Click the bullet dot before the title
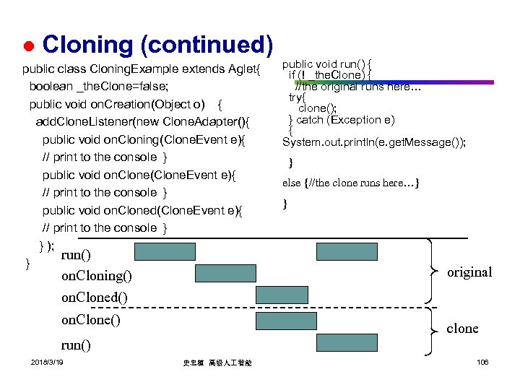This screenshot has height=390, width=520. point(27,47)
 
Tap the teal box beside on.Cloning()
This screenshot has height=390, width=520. point(225,273)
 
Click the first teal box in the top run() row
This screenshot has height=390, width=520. point(164,251)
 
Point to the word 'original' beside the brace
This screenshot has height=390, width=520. point(469,272)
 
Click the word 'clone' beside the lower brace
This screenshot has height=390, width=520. point(462,329)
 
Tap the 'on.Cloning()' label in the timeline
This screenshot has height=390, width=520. point(97,275)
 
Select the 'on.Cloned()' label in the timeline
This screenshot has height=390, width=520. point(94,298)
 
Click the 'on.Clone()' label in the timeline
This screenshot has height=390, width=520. point(91,320)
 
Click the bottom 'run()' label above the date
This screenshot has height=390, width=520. point(76,344)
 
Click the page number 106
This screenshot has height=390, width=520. point(482,361)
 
